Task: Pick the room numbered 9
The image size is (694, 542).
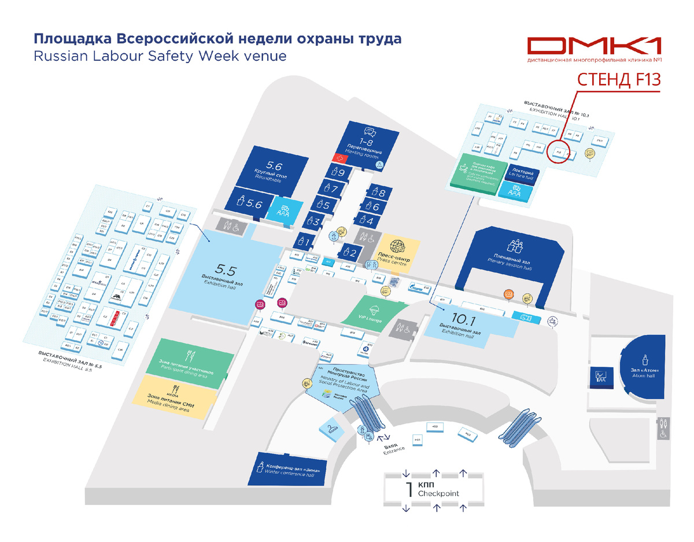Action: pos(337,172)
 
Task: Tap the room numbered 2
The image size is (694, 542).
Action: pos(351,250)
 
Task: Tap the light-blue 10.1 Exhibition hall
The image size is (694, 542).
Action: pos(466,324)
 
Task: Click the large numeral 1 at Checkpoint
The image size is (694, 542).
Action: pos(409,490)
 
